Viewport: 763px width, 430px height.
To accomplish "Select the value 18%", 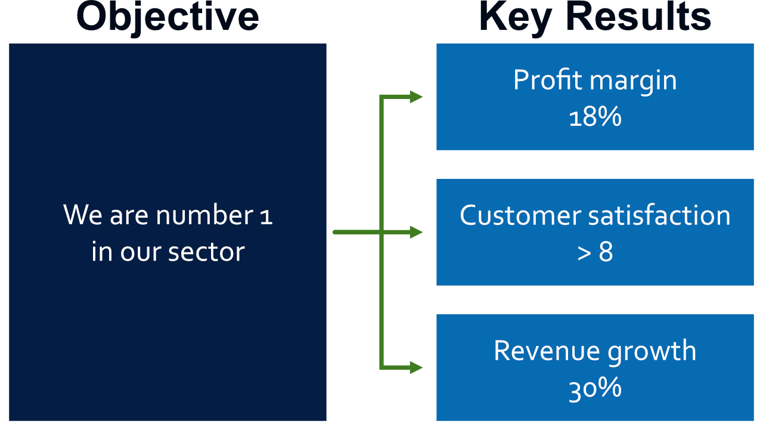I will (x=595, y=117).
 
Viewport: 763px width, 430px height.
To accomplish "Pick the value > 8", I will (x=595, y=252).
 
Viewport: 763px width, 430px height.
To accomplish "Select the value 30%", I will (x=595, y=388).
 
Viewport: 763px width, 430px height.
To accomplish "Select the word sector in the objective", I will (x=206, y=252).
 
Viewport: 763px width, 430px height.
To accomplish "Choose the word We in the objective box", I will (x=83, y=215).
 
